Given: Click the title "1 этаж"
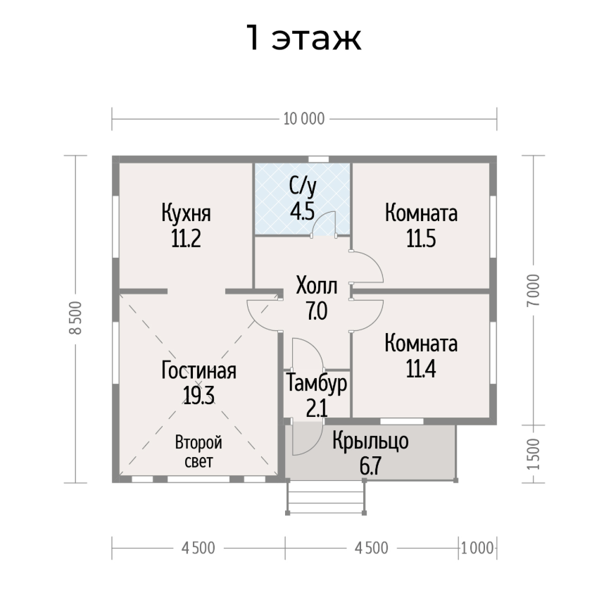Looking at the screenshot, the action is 304,37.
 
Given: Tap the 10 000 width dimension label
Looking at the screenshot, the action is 304,119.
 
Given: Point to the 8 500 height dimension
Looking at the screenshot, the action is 75,318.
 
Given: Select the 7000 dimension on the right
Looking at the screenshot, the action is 534,290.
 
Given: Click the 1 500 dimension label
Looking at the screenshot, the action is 534,454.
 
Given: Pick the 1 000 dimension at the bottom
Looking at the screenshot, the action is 477,549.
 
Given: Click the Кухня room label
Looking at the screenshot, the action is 187,213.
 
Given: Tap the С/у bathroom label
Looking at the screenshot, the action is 303,187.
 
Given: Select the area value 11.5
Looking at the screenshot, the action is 421,239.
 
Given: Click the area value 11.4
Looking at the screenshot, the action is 421,369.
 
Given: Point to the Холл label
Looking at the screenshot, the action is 317,286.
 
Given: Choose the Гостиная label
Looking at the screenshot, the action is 199,370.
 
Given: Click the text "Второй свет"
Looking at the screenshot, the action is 199,452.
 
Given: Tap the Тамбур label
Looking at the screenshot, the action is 317,383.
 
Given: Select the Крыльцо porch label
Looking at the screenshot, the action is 370,441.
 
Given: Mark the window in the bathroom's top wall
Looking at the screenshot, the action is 319,159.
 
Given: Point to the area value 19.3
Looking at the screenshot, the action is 199,396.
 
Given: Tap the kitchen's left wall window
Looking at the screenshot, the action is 115,226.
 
